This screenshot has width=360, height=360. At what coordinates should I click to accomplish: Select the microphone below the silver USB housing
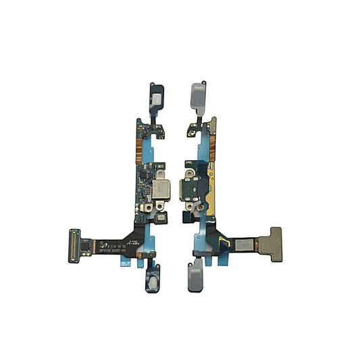[x=157, y=215]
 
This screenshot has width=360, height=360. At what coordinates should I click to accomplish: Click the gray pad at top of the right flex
[x=197, y=91]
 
